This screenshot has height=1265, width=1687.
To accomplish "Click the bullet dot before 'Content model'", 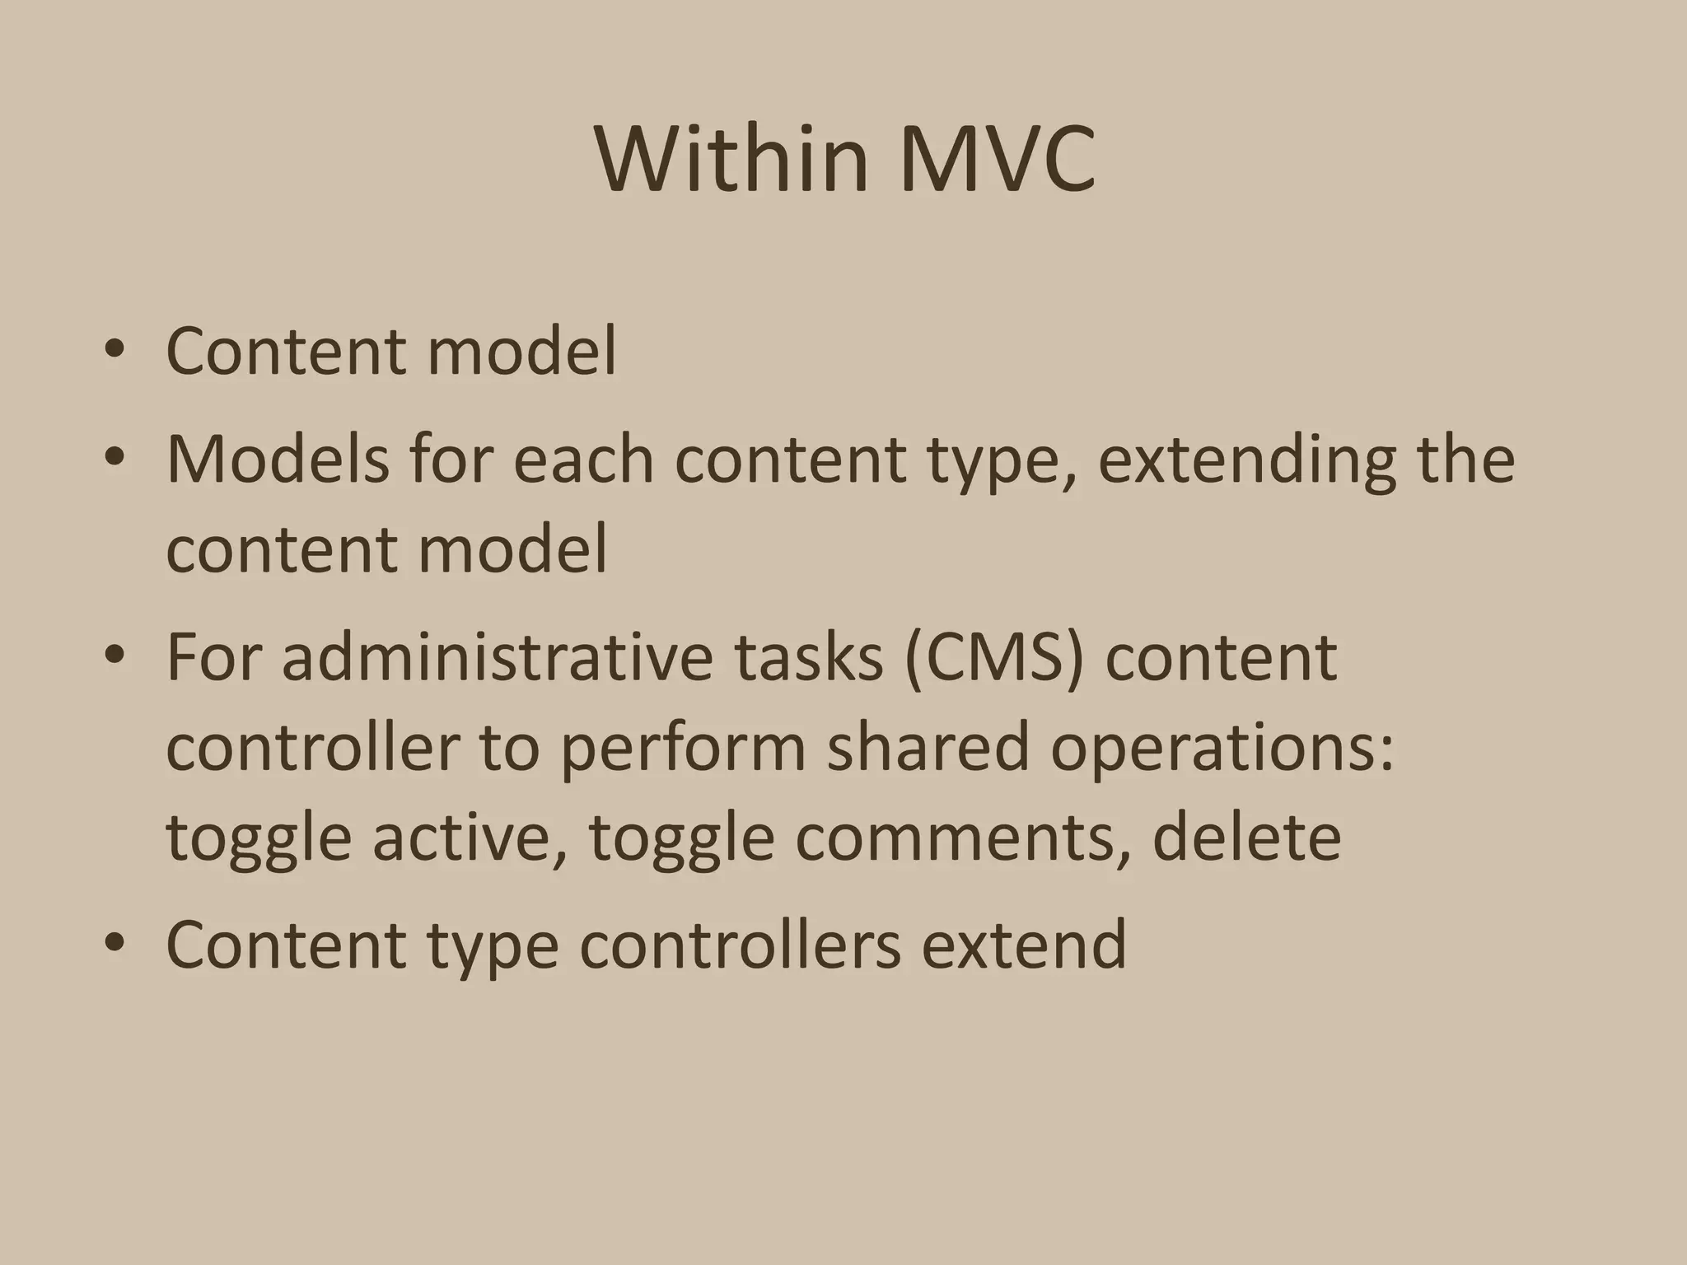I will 114,351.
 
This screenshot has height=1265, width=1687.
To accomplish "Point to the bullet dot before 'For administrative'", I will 114,656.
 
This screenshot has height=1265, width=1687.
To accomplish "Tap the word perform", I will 683,748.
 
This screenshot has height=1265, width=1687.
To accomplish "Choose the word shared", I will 927,746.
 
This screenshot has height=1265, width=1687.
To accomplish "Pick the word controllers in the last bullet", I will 741,944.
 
